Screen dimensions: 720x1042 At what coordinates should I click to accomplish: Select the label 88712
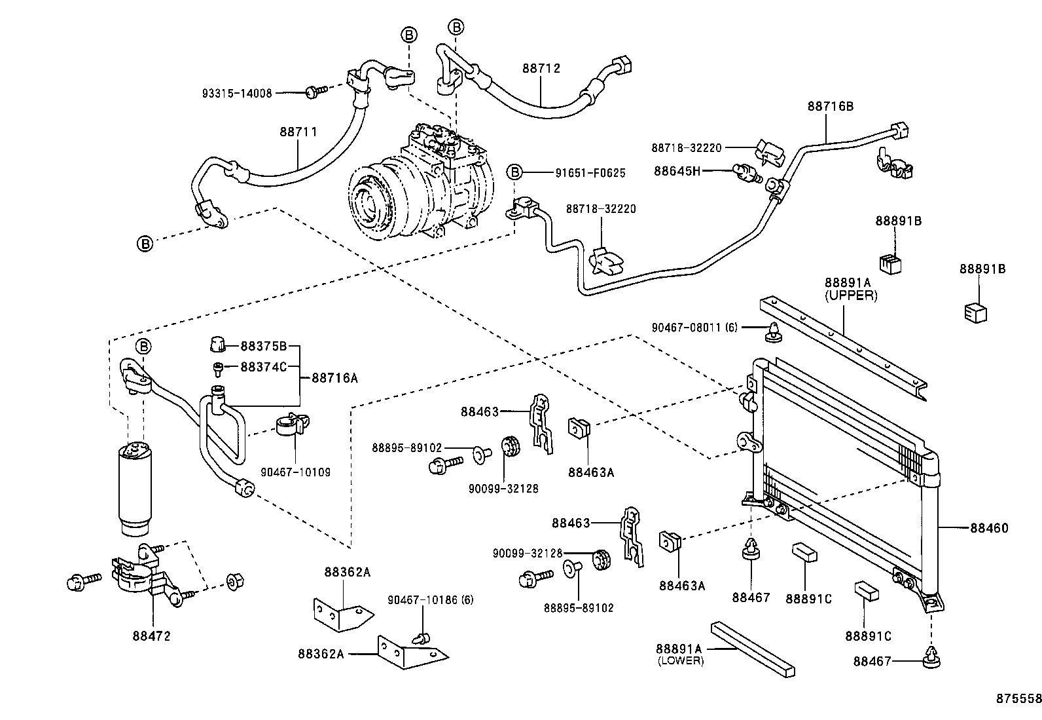pyautogui.click(x=541, y=68)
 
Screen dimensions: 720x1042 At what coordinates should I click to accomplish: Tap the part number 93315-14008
pyautogui.click(x=236, y=94)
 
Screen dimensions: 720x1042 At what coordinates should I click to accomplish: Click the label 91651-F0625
pyautogui.click(x=590, y=174)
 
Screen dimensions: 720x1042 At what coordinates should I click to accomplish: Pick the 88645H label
pyautogui.click(x=677, y=171)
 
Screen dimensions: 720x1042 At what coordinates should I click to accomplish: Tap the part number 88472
pyautogui.click(x=152, y=635)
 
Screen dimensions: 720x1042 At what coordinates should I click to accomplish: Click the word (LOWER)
pyautogui.click(x=681, y=661)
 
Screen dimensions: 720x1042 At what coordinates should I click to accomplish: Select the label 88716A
pyautogui.click(x=334, y=377)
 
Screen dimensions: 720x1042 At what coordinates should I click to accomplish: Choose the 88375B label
pyautogui.click(x=263, y=346)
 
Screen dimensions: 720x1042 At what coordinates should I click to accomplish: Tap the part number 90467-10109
pyautogui.click(x=295, y=472)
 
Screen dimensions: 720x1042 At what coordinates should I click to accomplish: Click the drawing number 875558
pyautogui.click(x=1020, y=699)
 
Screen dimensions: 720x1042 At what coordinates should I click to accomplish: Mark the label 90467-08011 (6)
pyautogui.click(x=694, y=327)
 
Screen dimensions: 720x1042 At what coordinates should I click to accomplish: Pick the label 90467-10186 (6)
pyautogui.click(x=430, y=599)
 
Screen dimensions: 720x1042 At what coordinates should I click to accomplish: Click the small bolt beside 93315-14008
pyautogui.click(x=314, y=93)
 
